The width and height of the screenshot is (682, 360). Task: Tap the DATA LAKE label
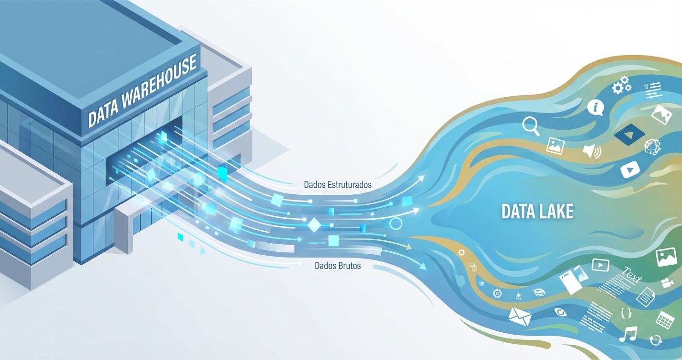[x=537, y=212]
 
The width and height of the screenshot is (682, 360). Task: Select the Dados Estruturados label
[x=338, y=184]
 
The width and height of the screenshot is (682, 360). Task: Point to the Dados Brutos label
[x=338, y=265]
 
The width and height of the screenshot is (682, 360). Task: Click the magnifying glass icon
[x=531, y=126]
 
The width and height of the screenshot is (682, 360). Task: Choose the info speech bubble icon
[x=595, y=107]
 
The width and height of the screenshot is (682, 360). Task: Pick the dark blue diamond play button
[x=629, y=135]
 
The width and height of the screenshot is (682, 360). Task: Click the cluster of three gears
[x=621, y=86]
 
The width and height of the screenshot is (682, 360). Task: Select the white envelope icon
[x=520, y=316]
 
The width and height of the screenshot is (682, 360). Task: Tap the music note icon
[x=628, y=334]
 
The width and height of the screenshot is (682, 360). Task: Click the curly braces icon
[x=626, y=313]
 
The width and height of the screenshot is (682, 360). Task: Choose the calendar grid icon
[x=665, y=320]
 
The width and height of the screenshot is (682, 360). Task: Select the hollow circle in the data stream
[x=396, y=223]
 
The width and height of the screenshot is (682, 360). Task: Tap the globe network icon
[x=652, y=146]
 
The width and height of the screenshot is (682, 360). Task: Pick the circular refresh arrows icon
[x=655, y=340]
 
